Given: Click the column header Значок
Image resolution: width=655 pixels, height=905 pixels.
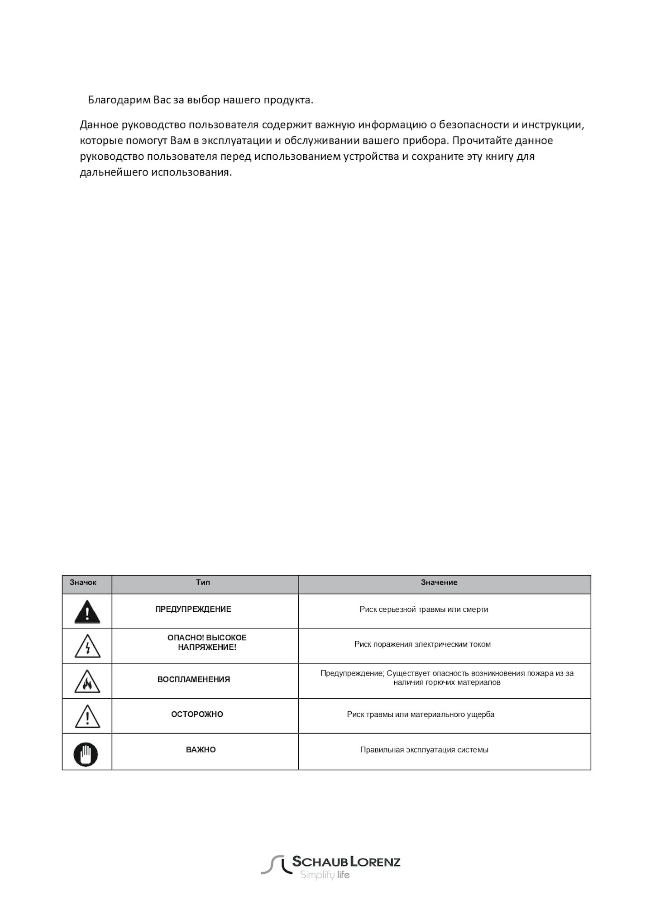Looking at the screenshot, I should click(83, 582).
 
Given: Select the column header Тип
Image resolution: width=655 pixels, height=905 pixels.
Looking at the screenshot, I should click(203, 582).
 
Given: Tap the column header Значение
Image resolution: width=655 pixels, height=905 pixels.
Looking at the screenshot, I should click(439, 582).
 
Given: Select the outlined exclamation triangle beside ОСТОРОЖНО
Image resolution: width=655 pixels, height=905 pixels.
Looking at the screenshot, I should click(87, 717).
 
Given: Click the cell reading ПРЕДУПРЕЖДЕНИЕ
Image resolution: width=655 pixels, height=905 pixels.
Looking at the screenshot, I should click(193, 609).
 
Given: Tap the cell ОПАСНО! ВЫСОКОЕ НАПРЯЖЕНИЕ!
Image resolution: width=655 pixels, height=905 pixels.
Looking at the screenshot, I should click(207, 643).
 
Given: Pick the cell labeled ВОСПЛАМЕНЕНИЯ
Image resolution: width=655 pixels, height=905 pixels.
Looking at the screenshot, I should click(194, 679).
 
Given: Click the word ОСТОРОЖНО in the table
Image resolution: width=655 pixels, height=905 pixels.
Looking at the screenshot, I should click(197, 714).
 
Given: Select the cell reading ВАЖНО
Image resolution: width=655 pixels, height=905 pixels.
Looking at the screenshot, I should click(201, 749).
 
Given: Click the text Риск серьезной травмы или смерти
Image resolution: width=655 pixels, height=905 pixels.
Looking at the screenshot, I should click(424, 609).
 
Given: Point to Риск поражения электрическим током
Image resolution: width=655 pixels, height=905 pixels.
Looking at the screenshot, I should click(422, 644).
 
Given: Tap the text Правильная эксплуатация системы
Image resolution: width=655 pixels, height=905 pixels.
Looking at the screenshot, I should click(424, 749).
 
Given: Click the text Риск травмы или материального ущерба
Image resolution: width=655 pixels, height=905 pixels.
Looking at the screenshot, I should click(421, 714).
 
